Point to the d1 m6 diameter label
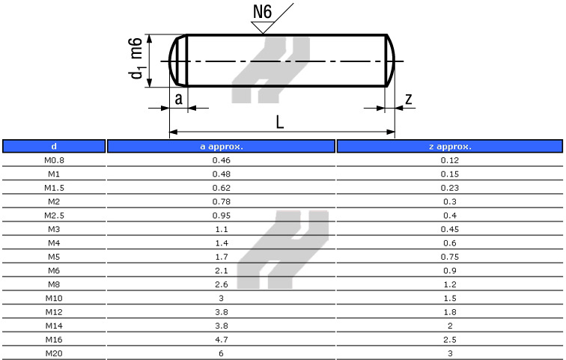[136, 61]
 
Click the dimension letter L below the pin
[280, 122]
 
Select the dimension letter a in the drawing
[178, 99]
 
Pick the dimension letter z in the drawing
[408, 99]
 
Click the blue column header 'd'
[53, 147]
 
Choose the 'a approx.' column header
[222, 147]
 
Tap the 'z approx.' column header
[449, 147]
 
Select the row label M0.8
[53, 160]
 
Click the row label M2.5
[53, 215]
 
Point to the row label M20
[53, 353]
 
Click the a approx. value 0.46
[222, 160]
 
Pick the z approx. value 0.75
[449, 256]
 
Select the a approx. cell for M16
[222, 339]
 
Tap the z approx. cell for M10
[449, 298]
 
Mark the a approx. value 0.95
[222, 215]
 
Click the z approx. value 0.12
[449, 160]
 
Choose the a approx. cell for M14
[222, 325]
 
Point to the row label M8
[53, 284]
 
